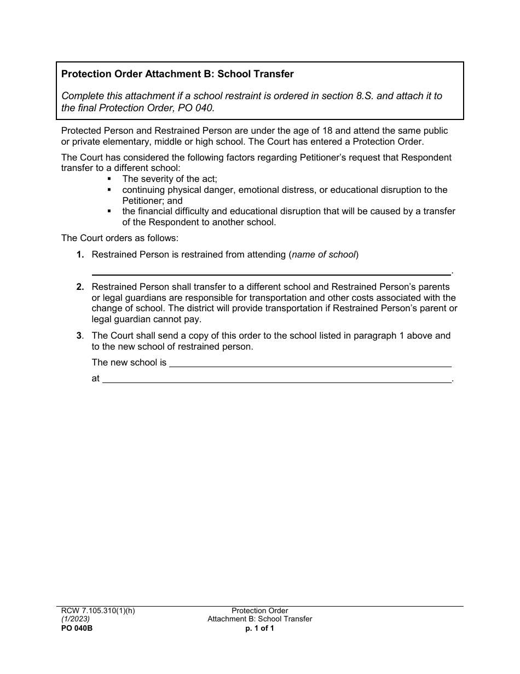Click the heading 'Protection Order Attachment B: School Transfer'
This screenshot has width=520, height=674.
coord(177,74)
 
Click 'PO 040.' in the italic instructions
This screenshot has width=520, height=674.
coord(198,108)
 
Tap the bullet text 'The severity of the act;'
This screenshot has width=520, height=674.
coord(170,179)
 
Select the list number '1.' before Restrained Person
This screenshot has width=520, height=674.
coord(80,254)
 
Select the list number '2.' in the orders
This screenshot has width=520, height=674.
coord(80,287)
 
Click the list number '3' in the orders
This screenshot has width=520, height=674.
coord(79,335)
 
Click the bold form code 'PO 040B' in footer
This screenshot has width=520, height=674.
coord(77,629)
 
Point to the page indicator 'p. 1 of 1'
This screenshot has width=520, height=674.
coord(259,629)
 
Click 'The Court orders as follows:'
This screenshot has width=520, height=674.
coord(119,238)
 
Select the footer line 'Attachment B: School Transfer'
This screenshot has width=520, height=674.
coord(259,619)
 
